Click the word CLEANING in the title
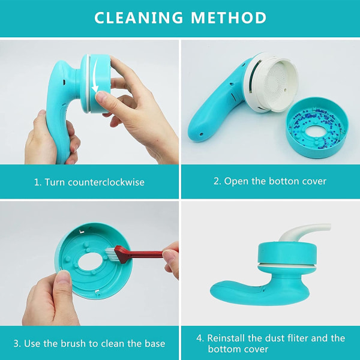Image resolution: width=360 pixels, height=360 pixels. pyautogui.click(x=139, y=17)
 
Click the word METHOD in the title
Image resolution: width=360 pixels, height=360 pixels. pyautogui.click(x=229, y=17)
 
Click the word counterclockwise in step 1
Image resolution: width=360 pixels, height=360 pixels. pyautogui.click(x=106, y=182)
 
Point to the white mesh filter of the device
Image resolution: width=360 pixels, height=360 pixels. pyautogui.click(x=275, y=83)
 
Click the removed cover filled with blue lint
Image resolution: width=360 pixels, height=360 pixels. pyautogui.click(x=317, y=128)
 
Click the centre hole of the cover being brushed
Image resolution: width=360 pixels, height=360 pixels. pyautogui.click(x=90, y=262)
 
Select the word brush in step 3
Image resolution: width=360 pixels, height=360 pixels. pyautogui.click(x=73, y=343)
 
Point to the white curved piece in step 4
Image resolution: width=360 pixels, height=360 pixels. pyautogui.click(x=303, y=232)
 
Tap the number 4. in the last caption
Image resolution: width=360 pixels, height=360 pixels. pyautogui.click(x=200, y=338)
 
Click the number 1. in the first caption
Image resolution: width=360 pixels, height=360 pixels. pyautogui.click(x=38, y=182)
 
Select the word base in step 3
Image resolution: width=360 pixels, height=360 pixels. pyautogui.click(x=155, y=343)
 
